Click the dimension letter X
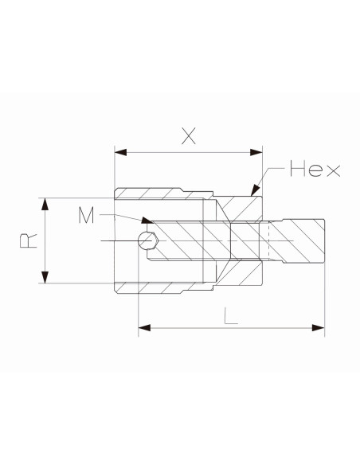[x=189, y=136]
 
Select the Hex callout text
[x=315, y=169]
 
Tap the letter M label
[x=86, y=215]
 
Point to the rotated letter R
[x=29, y=240]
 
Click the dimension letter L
[x=231, y=316]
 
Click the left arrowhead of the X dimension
[x=120, y=152]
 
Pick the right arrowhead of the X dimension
[x=256, y=152]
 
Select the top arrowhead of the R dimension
[x=45, y=204]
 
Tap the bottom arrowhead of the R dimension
[x=45, y=277]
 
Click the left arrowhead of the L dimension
[x=144, y=328]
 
